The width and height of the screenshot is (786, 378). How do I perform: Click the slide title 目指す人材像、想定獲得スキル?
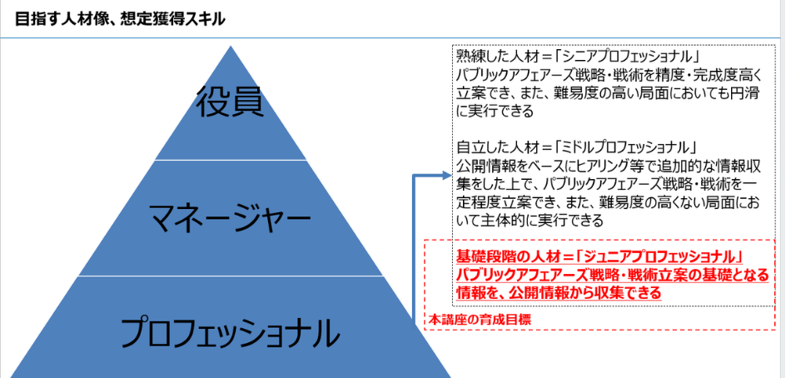pyautogui.click(x=120, y=19)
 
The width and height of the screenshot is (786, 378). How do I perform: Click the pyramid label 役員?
pyautogui.click(x=230, y=102)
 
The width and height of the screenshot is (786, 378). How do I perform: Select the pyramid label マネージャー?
pyautogui.click(x=230, y=219)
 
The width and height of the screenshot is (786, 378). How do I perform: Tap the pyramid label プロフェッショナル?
pyautogui.click(x=230, y=333)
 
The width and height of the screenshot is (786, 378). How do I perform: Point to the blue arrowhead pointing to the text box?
pyautogui.click(x=446, y=175)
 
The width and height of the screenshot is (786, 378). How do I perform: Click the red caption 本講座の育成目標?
pyautogui.click(x=480, y=319)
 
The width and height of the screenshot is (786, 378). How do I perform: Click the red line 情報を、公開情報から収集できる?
pyautogui.click(x=559, y=293)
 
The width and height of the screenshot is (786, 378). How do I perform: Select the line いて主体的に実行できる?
pyautogui.click(x=530, y=221)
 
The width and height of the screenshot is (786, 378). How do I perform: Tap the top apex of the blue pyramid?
pyautogui.click(x=231, y=46)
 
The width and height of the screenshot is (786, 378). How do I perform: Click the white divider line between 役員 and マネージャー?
pyautogui.click(x=230, y=161)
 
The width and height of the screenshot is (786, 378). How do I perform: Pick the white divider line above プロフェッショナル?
pyautogui.click(x=230, y=276)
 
